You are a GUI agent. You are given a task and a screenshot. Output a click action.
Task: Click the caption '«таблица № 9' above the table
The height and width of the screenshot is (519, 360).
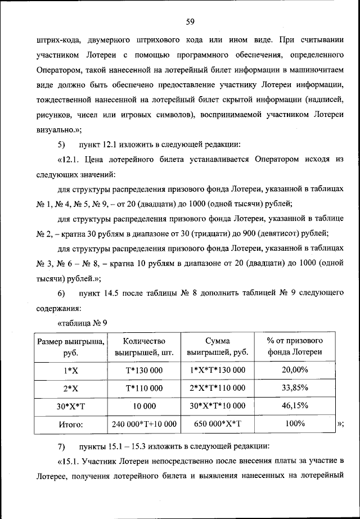click(x=82, y=323)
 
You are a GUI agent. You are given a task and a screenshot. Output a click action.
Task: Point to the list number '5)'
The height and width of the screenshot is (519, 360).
click(x=62, y=143)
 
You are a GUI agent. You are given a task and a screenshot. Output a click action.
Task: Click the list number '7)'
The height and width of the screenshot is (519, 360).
click(x=62, y=447)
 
